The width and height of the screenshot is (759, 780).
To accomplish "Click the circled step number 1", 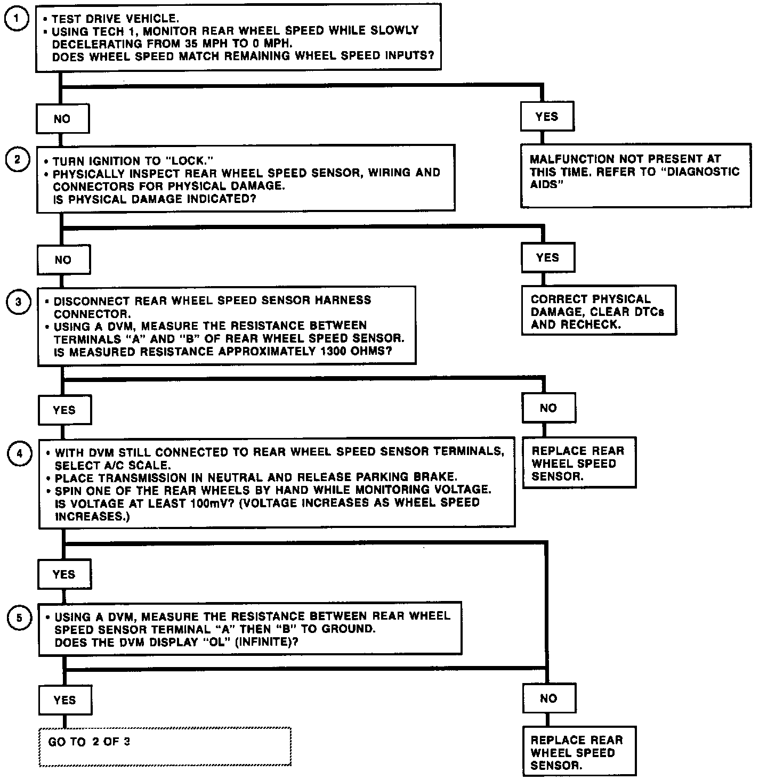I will (17, 20).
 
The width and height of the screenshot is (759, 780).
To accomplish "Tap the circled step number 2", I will (18, 160).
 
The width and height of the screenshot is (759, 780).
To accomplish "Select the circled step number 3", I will (19, 302).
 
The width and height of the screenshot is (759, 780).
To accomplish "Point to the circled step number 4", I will (20, 454).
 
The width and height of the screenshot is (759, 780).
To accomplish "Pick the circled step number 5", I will (20, 618).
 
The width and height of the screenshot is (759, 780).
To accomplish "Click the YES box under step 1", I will (547, 117).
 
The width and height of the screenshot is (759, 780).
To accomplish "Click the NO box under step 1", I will (62, 119).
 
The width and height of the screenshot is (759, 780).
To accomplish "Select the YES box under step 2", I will (548, 258).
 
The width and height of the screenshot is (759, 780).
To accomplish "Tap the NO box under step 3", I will (548, 408).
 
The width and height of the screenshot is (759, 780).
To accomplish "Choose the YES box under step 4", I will (64, 574).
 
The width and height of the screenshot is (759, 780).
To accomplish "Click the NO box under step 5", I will (549, 698).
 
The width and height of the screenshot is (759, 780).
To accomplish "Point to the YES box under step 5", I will (64, 700).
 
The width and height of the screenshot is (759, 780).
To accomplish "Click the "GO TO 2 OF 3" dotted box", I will (165, 746).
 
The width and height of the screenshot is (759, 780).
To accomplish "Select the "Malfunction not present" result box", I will (635, 174).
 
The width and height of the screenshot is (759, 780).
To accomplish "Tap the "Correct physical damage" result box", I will (599, 311).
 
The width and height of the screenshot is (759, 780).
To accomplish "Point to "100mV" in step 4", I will (212, 503).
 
